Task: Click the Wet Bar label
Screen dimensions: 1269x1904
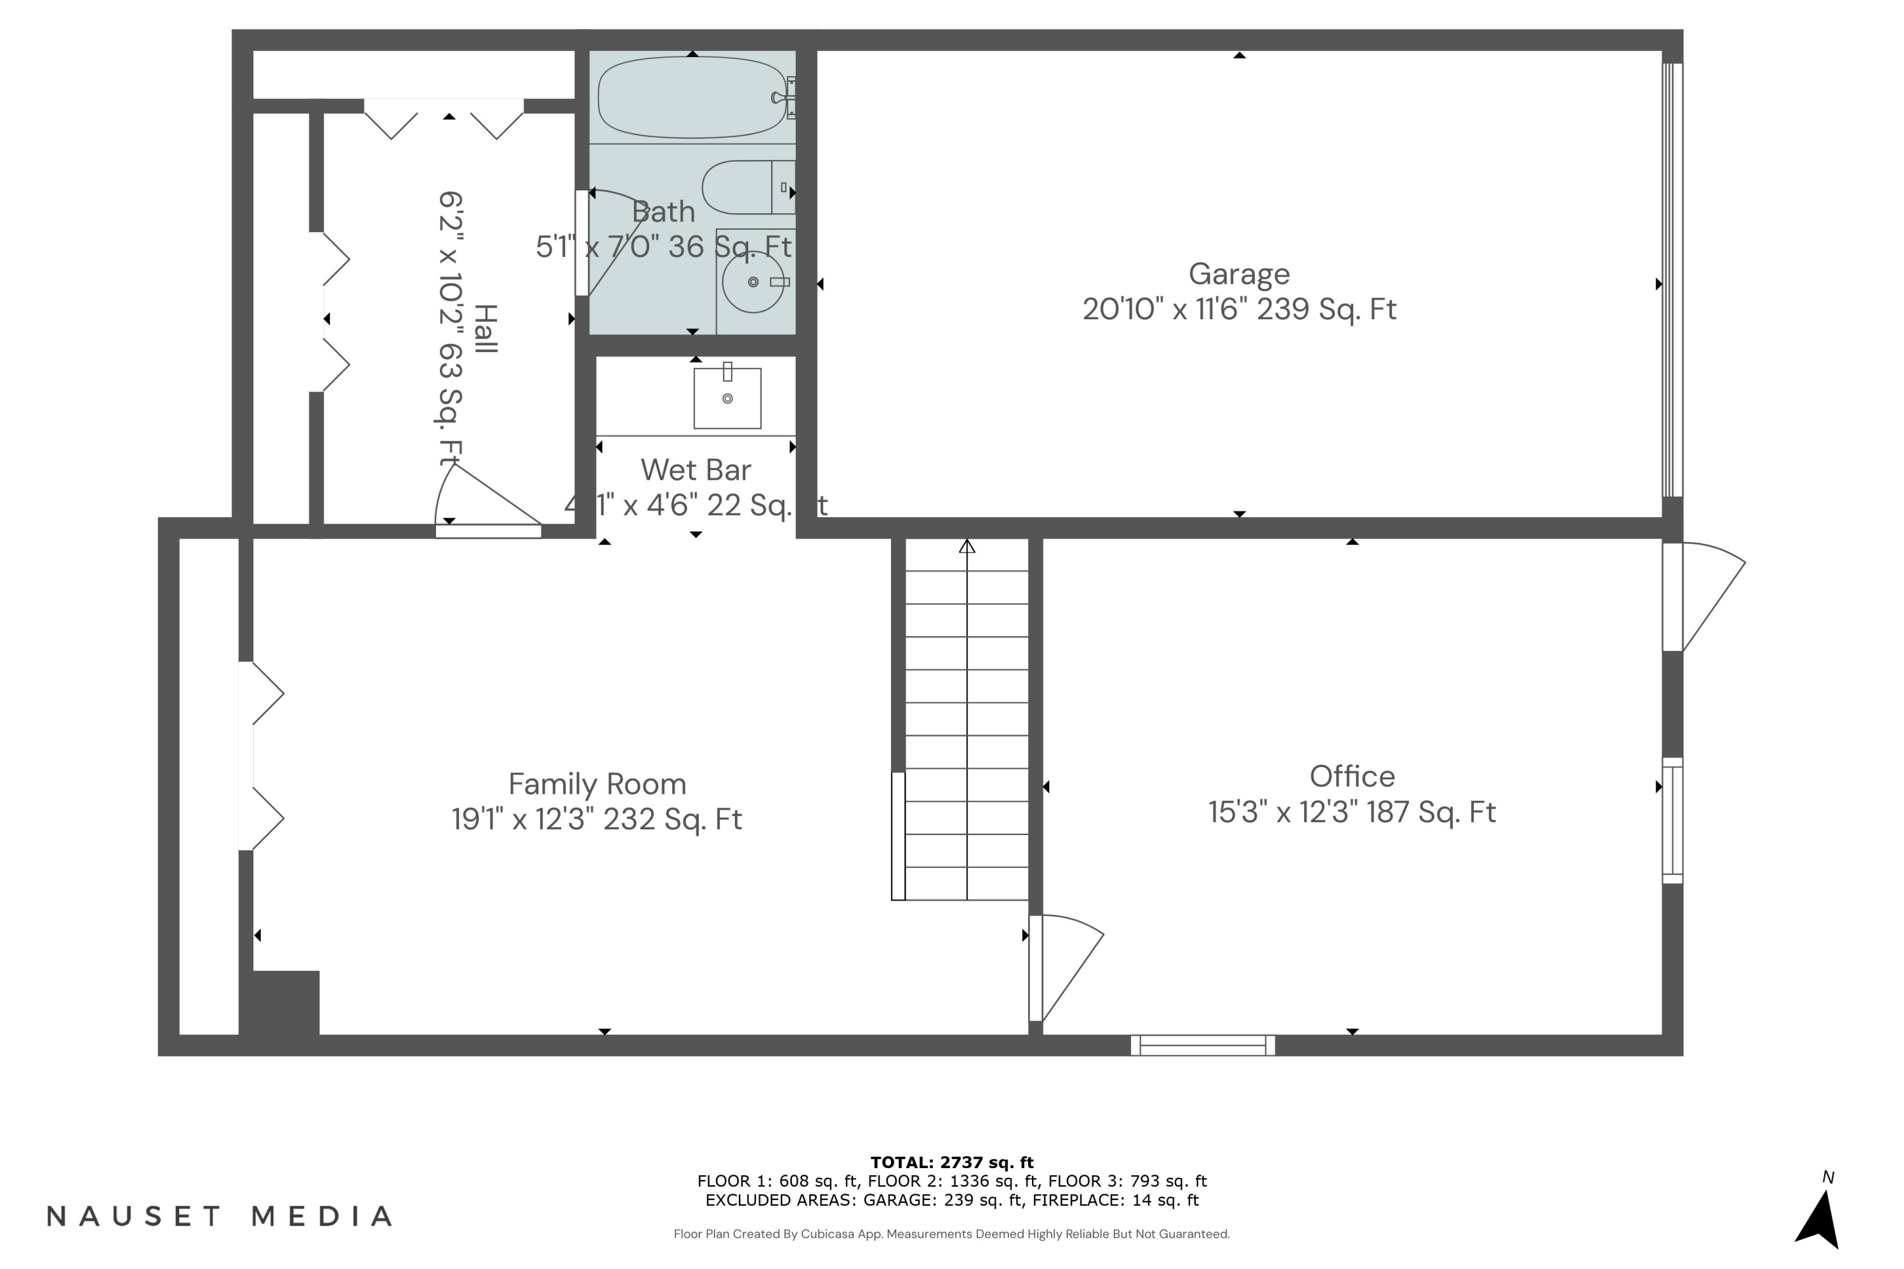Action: click(696, 470)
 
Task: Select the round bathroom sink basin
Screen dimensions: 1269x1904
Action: click(752, 282)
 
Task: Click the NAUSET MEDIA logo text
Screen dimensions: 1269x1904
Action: click(220, 1216)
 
